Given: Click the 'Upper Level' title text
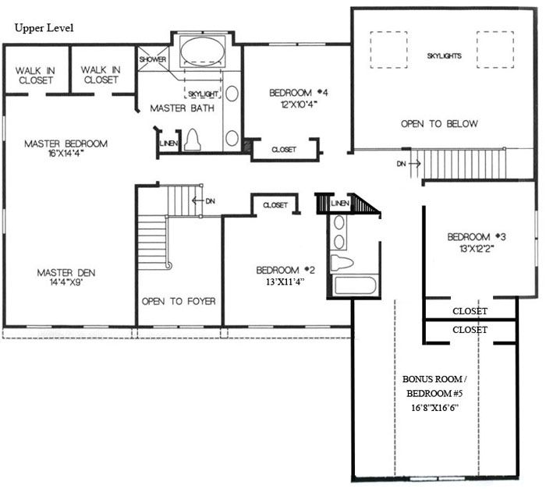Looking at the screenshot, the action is pyautogui.click(x=44, y=28).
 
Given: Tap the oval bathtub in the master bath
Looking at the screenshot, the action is pyautogui.click(x=203, y=51).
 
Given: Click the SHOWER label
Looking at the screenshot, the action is pyautogui.click(x=153, y=59).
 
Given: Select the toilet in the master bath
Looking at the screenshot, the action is pyautogui.click(x=192, y=140).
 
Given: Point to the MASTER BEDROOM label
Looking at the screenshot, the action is pyautogui.click(x=66, y=144).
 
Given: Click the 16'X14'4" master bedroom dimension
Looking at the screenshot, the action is pyautogui.click(x=66, y=153).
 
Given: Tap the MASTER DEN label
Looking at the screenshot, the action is pyautogui.click(x=66, y=272).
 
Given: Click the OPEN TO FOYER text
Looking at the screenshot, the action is pyautogui.click(x=179, y=301).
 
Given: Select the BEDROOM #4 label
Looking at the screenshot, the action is pyautogui.click(x=299, y=93).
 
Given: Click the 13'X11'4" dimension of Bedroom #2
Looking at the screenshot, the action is pyautogui.click(x=285, y=282).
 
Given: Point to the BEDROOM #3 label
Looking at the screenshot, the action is pyautogui.click(x=477, y=237).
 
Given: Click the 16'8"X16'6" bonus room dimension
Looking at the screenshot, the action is pyautogui.click(x=434, y=407).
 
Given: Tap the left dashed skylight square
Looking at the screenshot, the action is pyautogui.click(x=388, y=50).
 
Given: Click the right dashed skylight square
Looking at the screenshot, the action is pyautogui.click(x=495, y=50).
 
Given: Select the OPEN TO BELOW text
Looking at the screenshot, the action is pyautogui.click(x=439, y=124).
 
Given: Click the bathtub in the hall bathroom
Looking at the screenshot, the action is pyautogui.click(x=355, y=285).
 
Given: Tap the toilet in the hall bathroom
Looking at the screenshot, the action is pyautogui.click(x=342, y=263).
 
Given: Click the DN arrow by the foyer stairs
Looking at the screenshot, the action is pyautogui.click(x=197, y=201).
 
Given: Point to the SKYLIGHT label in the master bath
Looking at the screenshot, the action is pyautogui.click(x=203, y=94).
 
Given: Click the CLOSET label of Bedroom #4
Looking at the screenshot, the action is pyautogui.click(x=284, y=150).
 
